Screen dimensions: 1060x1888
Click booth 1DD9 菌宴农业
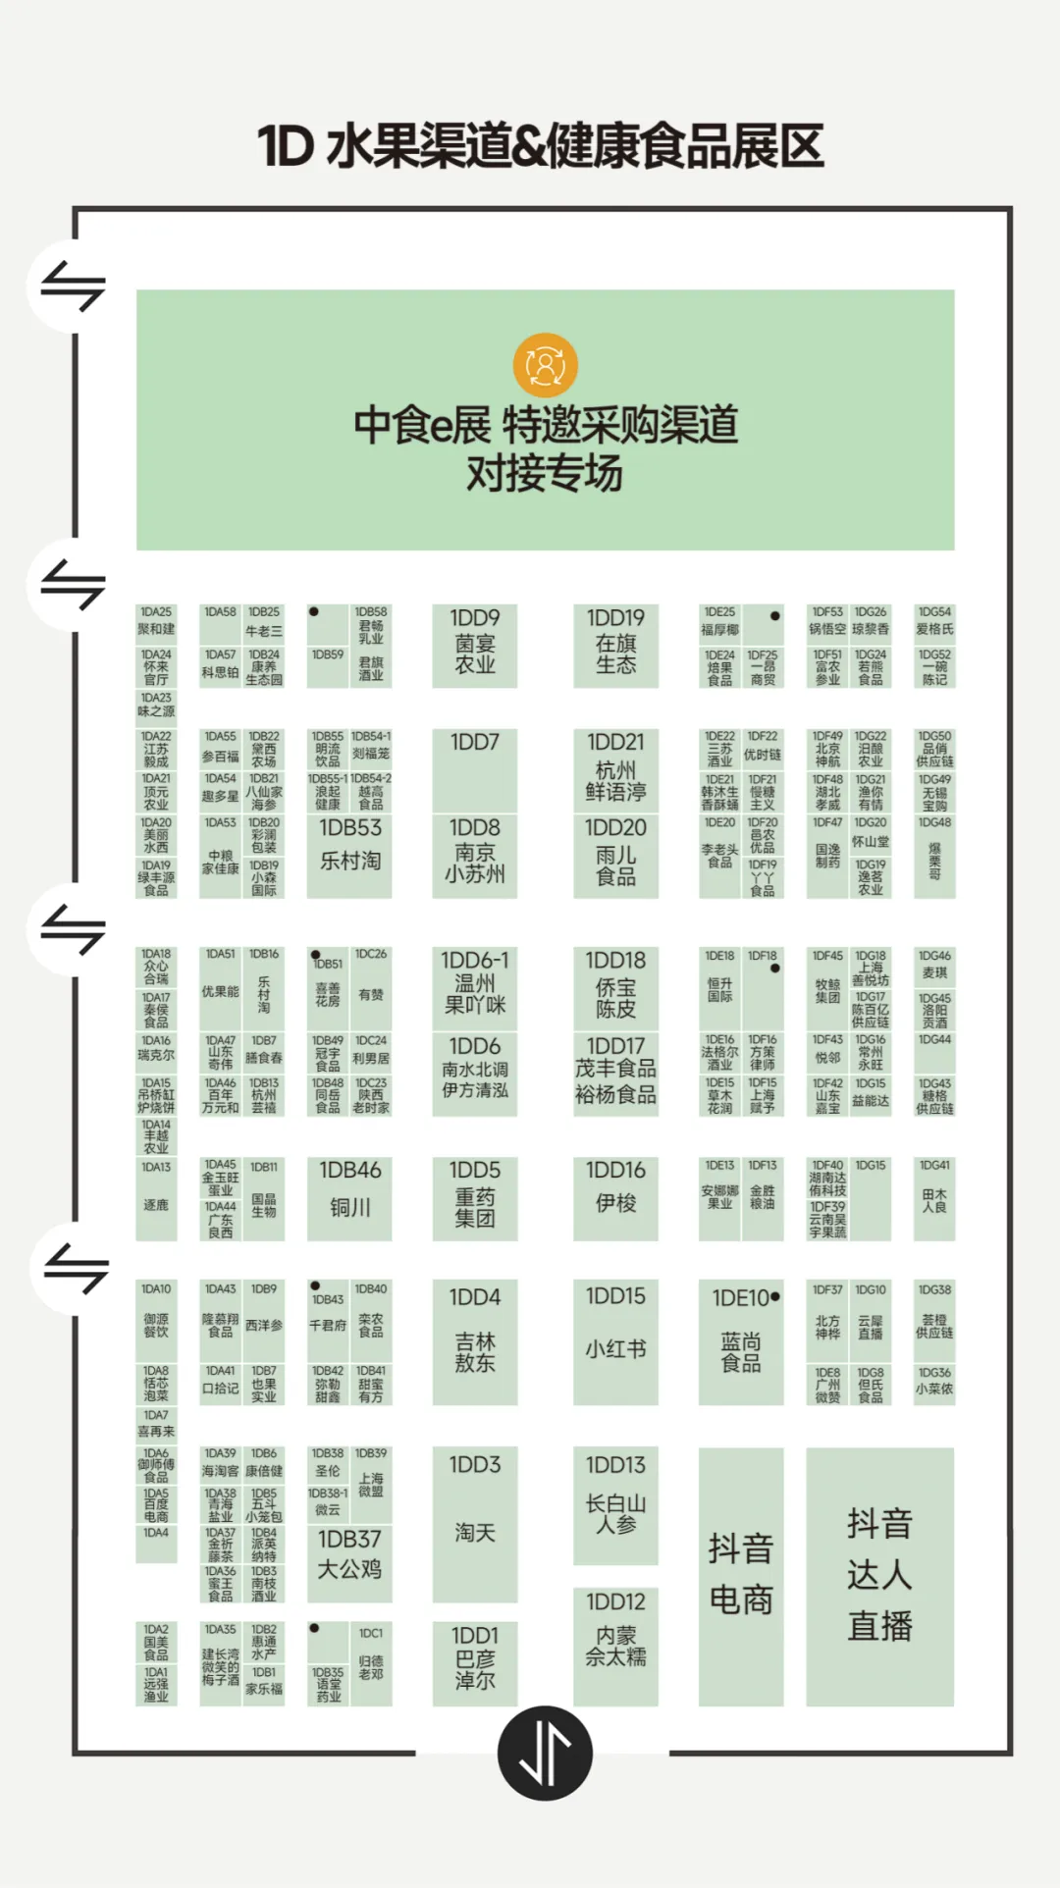pyautogui.click(x=475, y=645)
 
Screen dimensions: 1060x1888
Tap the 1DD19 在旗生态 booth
pyautogui.click(x=615, y=645)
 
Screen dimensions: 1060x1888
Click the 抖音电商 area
pyautogui.click(x=741, y=1575)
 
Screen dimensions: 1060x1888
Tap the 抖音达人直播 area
pyautogui.click(x=879, y=1575)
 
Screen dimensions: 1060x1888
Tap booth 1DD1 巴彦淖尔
pyautogui.click(x=475, y=1662)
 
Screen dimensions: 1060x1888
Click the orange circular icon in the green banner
pyautogui.click(x=546, y=365)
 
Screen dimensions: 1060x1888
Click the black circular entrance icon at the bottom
pyautogui.click(x=545, y=1753)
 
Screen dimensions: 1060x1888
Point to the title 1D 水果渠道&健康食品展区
pyautogui.click(x=541, y=146)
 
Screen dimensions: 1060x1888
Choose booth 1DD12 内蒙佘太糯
pyautogui.click(x=615, y=1645)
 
